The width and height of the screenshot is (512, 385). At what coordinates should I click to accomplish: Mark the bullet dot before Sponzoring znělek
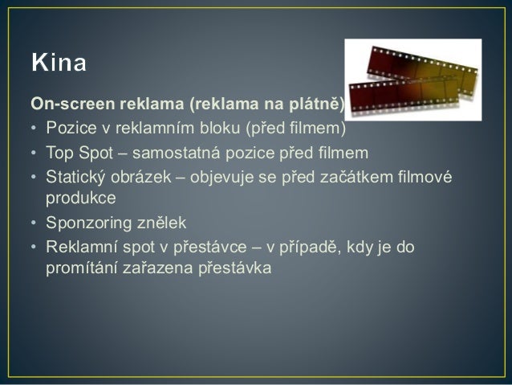(35, 223)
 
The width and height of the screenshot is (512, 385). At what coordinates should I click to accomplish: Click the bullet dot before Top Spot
(35, 154)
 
